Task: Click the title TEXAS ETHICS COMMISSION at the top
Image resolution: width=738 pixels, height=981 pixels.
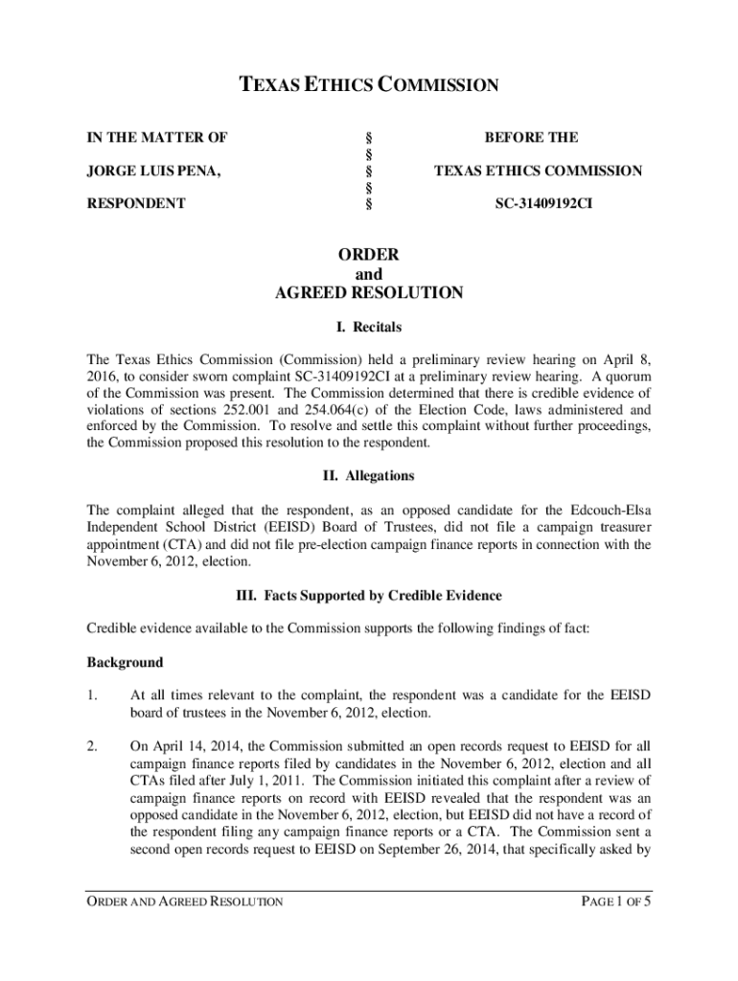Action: [x=368, y=86]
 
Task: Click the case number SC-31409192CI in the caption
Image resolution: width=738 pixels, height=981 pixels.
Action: [x=537, y=203]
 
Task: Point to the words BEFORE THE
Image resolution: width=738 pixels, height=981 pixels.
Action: [x=531, y=138]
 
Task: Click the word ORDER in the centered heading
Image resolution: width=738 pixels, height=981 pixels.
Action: [x=368, y=255]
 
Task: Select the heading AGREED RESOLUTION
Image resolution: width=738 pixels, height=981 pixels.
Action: [x=368, y=293]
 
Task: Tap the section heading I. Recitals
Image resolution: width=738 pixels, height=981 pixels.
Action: [x=369, y=327]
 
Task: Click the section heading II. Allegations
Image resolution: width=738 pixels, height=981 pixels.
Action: [x=368, y=476]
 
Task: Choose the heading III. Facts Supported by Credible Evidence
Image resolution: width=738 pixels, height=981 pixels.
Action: [x=368, y=596]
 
